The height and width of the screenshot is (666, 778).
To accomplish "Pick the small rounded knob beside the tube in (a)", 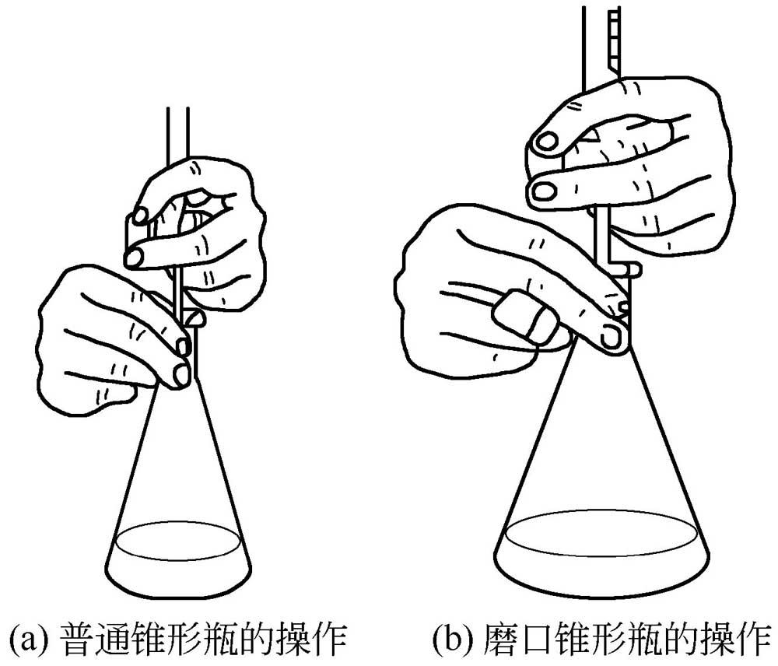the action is click(194, 317).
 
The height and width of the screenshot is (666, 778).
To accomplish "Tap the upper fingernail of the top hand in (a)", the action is click(140, 216).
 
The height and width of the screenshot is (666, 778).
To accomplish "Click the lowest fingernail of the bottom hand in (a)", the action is click(181, 376).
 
